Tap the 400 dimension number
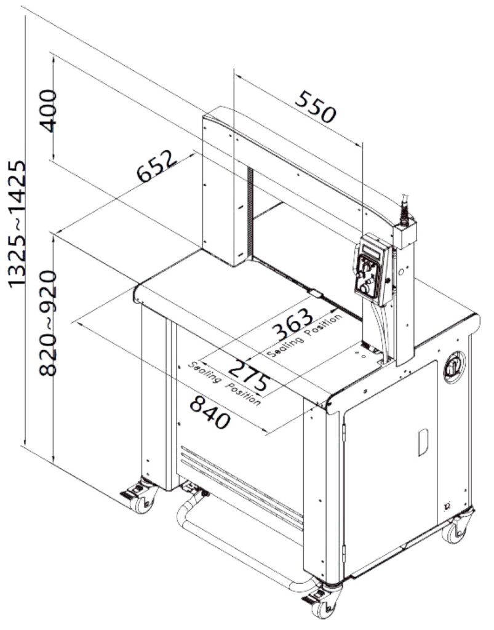pos(49,111)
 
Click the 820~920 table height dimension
pos(48,323)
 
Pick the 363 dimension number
pos(293,325)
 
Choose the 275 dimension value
pos(250,375)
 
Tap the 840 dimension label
pos(210,412)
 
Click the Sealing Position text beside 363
pos(306,335)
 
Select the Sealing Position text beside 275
pos(225,383)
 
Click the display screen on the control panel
pos(372,251)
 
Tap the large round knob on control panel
pos(365,288)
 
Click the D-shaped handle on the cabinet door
pos(423,442)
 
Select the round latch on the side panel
pos(454,367)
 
